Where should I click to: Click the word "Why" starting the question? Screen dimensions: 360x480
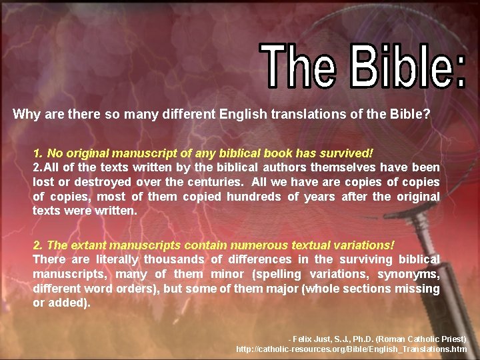26,114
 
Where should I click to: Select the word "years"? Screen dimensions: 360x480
319,196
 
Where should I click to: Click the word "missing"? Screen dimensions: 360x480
419,288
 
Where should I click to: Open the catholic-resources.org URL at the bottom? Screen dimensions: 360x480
351,349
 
